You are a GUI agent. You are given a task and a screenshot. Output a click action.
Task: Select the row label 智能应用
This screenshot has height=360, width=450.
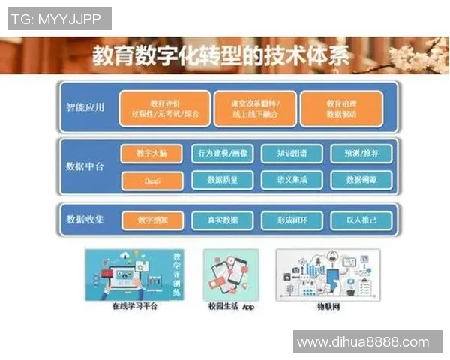(85, 107)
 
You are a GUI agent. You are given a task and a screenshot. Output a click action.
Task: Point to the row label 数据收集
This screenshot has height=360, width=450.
(85, 220)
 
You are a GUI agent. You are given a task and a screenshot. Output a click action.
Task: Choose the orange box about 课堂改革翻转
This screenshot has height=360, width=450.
(250, 109)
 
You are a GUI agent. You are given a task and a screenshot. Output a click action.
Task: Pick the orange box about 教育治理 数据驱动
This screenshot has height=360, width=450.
(340, 109)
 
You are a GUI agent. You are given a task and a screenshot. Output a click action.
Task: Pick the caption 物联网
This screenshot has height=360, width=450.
(328, 306)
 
